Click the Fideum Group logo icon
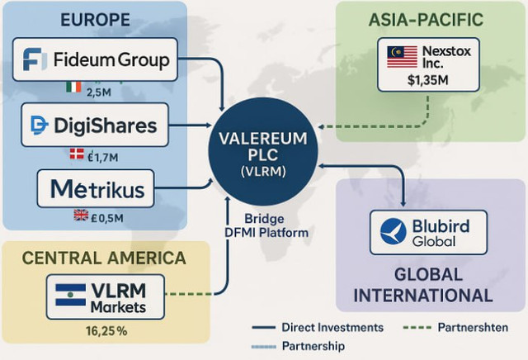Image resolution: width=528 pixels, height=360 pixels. point(33,59)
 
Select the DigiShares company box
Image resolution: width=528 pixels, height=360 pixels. point(95,125)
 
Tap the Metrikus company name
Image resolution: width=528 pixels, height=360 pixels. point(97,189)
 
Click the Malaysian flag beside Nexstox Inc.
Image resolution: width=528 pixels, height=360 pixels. point(402,57)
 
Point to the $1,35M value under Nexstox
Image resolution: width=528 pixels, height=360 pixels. point(427,80)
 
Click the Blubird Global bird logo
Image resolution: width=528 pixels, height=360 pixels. point(393,231)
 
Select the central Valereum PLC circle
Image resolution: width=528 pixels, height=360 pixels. point(263,152)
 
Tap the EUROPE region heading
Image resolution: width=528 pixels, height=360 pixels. point(96,20)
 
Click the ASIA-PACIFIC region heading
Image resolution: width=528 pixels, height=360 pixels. point(426,20)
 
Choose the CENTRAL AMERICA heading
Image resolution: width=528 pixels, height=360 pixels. point(104,258)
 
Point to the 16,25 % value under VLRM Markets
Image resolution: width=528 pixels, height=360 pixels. point(106,331)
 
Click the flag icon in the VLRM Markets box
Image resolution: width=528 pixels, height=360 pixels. point(70,295)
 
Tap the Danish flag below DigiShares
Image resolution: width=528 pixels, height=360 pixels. point(77,154)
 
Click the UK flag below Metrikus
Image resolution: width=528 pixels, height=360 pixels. point(81,215)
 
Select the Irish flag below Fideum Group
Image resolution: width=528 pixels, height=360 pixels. point(73,87)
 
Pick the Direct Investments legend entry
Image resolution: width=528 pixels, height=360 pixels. point(318,327)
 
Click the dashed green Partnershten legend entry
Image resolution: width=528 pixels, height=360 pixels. point(455,327)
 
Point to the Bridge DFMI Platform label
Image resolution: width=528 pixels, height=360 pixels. point(266,225)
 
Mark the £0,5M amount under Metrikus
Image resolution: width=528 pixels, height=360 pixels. point(107,218)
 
